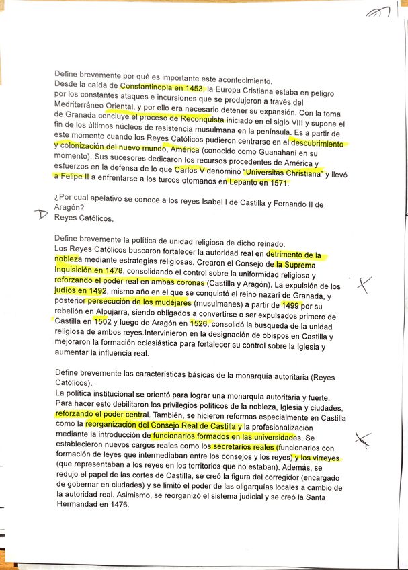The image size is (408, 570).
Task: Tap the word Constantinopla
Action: click(x=147, y=87)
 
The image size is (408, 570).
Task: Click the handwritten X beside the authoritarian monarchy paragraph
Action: click(x=364, y=439)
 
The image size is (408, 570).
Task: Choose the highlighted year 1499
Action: click(x=291, y=304)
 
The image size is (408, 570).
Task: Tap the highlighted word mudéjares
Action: click(x=169, y=304)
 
